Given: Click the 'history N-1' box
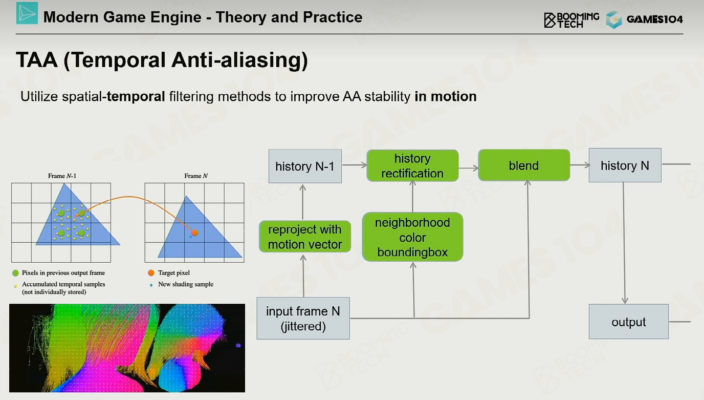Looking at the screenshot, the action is (x=305, y=166).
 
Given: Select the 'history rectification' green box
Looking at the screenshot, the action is (x=412, y=165).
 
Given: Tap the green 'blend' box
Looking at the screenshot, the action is (x=524, y=165).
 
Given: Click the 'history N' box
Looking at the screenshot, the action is (x=625, y=165).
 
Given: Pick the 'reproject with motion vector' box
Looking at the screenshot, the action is (x=305, y=237).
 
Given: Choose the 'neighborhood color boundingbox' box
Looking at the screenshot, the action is (x=412, y=237).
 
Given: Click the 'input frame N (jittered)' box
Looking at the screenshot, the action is (x=303, y=318).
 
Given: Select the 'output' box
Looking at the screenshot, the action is (x=629, y=322).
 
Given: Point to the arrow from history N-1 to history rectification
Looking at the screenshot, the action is (x=354, y=164).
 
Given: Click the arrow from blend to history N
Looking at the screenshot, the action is (x=580, y=165).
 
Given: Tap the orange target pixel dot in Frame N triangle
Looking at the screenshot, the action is (x=195, y=233).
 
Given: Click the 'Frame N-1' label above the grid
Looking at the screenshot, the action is (x=62, y=176).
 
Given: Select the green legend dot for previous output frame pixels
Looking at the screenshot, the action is (x=15, y=273).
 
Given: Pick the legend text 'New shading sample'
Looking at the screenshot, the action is (x=186, y=284).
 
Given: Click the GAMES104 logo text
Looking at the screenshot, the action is (x=655, y=19).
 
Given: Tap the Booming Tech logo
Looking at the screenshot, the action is (x=571, y=20).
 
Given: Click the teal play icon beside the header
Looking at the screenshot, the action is (x=27, y=13).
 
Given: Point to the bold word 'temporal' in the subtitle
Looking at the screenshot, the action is (x=136, y=96).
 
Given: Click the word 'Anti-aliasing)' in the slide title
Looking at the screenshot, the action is (x=239, y=60).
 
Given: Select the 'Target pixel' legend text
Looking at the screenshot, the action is (x=174, y=273).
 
